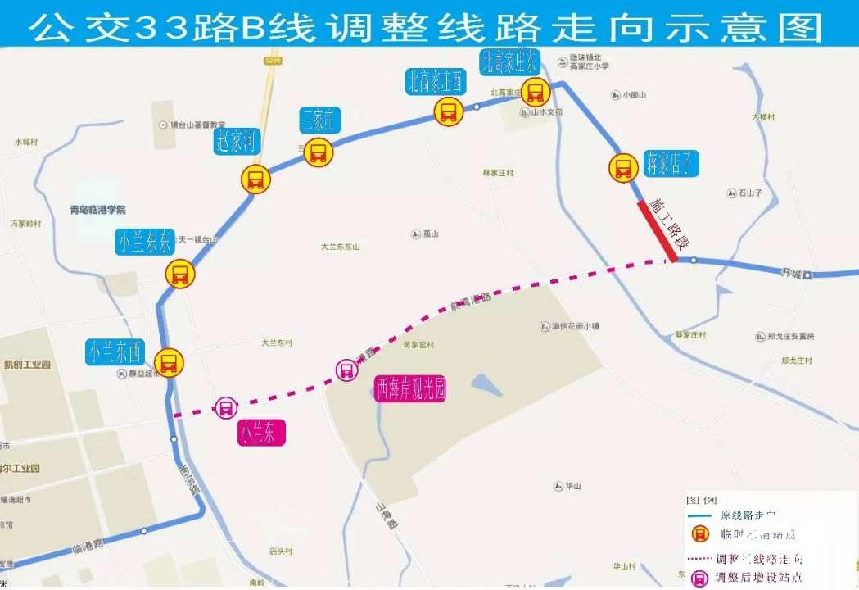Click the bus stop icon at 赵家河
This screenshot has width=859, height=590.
[255, 179]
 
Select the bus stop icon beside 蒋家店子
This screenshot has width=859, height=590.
[623, 168]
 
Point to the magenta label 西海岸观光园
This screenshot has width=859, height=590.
[411, 388]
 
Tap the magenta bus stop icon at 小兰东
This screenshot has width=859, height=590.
[225, 407]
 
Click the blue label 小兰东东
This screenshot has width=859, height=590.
[144, 242]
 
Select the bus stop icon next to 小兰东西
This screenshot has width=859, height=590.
[169, 362]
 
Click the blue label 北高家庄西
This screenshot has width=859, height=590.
[435, 81]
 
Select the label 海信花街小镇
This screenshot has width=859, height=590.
[574, 326]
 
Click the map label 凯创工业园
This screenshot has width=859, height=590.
[27, 364]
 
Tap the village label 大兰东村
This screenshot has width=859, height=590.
[277, 343]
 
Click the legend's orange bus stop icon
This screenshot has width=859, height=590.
[699, 534]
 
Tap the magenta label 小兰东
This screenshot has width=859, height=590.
[262, 433]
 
